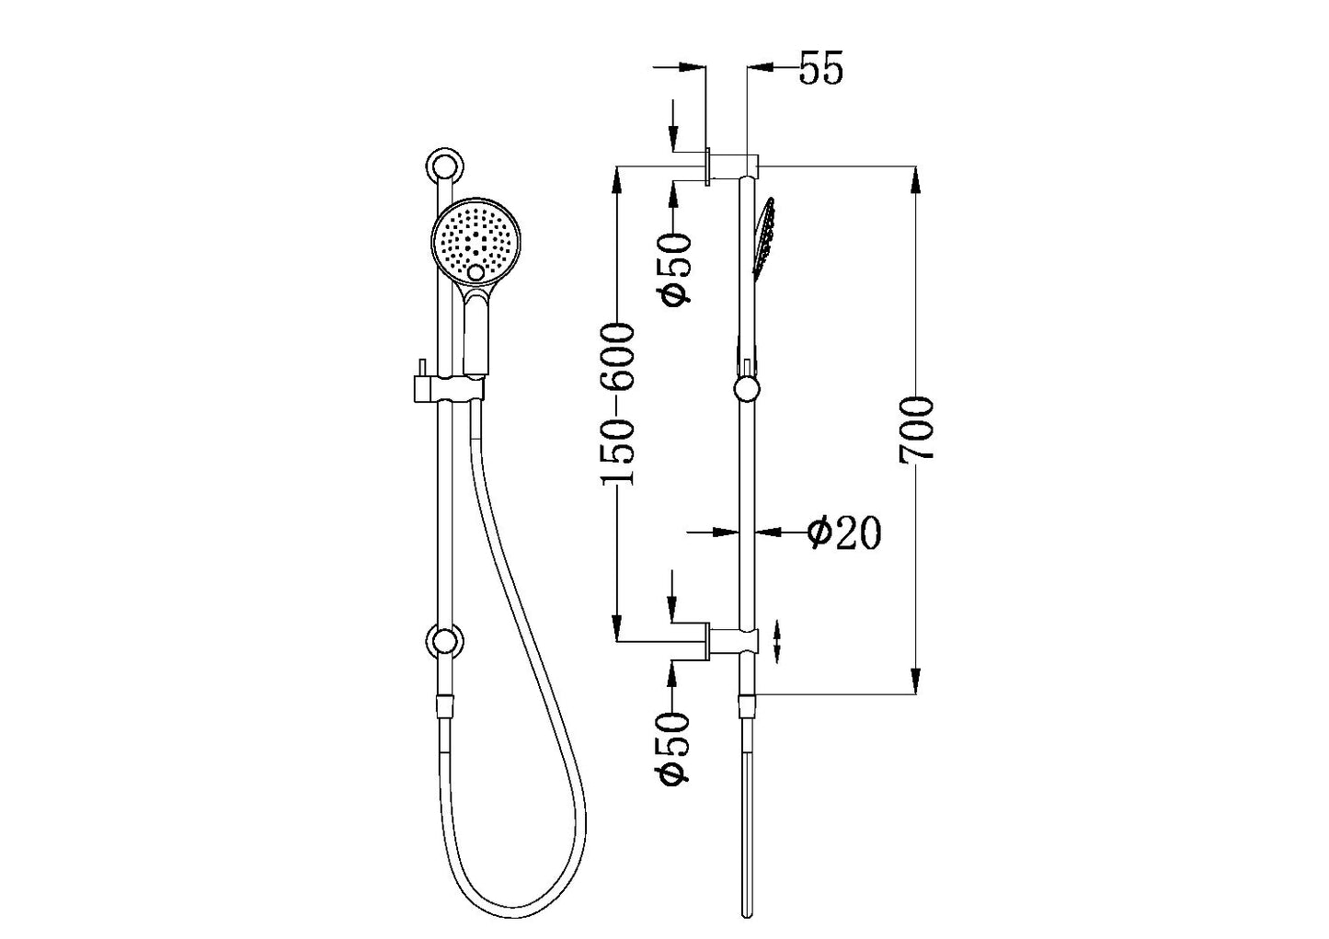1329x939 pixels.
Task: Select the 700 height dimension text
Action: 917,429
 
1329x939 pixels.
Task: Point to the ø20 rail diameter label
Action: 843,532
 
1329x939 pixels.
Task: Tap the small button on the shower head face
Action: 475,273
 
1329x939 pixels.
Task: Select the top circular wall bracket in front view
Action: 445,166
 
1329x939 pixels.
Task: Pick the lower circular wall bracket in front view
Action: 445,642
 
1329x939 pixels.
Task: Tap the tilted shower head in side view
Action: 764,237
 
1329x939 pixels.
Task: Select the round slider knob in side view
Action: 747,389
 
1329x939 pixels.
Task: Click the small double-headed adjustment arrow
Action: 778,641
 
